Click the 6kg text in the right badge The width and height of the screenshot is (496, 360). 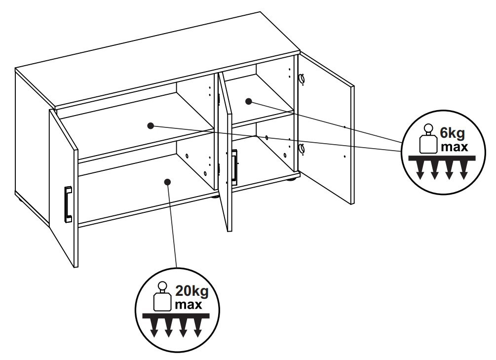coord(453,133)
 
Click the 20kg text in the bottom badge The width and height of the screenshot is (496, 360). coord(191,291)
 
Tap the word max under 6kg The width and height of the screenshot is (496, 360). coord(454,147)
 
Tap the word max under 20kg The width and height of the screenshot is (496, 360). coord(189,305)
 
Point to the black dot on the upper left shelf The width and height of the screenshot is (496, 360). coord(151,126)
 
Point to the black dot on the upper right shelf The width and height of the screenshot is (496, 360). coord(249,101)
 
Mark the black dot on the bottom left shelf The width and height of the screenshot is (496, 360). coord(168,181)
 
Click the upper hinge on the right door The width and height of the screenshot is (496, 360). coord(302,79)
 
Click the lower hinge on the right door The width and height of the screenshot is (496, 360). coord(302,148)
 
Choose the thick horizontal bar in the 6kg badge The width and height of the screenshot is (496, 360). coord(442,158)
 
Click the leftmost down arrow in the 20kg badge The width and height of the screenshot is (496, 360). coord(153,328)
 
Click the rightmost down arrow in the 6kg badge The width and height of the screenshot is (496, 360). coord(464,170)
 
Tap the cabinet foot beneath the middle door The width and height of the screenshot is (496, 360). coord(215,197)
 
